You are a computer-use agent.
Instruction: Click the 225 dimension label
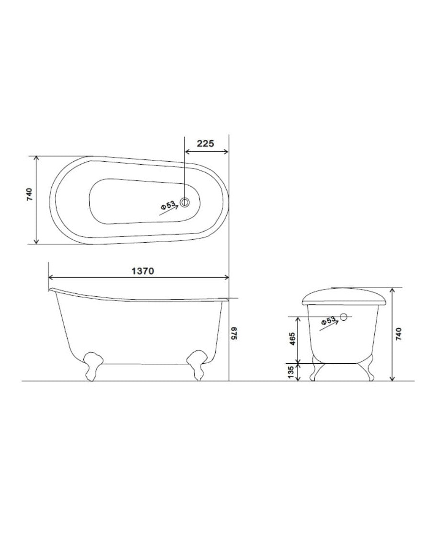(x=205, y=143)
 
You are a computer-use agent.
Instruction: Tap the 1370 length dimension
(x=142, y=271)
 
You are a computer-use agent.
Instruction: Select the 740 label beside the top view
(x=29, y=194)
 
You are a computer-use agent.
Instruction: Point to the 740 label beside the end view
(x=399, y=334)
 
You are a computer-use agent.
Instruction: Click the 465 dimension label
(x=293, y=339)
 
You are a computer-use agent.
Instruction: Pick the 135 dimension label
(x=290, y=372)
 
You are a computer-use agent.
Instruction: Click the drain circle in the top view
(x=185, y=202)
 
